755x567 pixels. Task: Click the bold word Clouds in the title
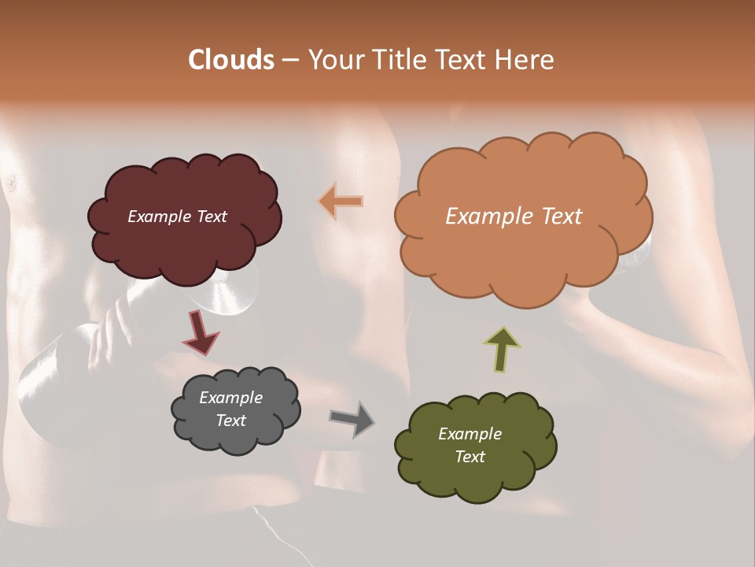click(231, 60)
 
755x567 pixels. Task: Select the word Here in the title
click(525, 60)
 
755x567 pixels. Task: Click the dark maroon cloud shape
click(185, 244)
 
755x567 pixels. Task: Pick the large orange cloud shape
click(522, 252)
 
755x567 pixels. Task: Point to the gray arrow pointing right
click(352, 419)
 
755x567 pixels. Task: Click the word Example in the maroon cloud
click(159, 217)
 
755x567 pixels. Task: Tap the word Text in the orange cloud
click(562, 217)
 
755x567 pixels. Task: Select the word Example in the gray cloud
click(230, 398)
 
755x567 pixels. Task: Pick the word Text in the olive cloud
click(470, 457)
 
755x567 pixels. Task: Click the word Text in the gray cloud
click(230, 421)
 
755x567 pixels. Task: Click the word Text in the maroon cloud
click(211, 217)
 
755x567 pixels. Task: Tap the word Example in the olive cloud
click(470, 434)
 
